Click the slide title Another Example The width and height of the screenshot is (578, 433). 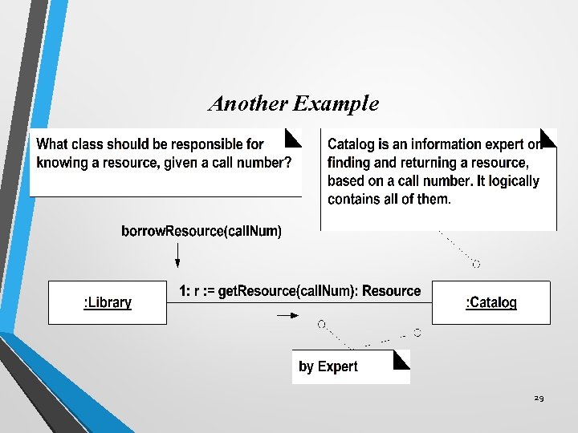[x=293, y=103]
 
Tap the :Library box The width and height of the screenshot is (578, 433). [x=108, y=302]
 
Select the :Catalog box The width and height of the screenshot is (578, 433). [x=491, y=302]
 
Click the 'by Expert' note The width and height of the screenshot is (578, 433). [x=351, y=366]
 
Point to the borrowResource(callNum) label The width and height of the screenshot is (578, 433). [x=201, y=231]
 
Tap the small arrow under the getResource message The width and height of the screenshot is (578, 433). [x=287, y=316]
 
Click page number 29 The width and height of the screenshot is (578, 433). [x=538, y=399]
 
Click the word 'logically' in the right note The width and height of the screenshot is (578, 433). [x=507, y=181]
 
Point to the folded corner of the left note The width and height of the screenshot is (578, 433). [x=294, y=138]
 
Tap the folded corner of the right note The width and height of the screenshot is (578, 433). [x=549, y=137]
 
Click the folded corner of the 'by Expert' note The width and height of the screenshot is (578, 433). [x=402, y=358]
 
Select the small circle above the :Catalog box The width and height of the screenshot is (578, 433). [x=476, y=264]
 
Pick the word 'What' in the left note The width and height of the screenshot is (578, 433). [x=53, y=144]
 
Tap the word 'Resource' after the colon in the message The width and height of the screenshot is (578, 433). [x=391, y=290]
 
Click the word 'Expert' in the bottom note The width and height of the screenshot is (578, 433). [x=337, y=366]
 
